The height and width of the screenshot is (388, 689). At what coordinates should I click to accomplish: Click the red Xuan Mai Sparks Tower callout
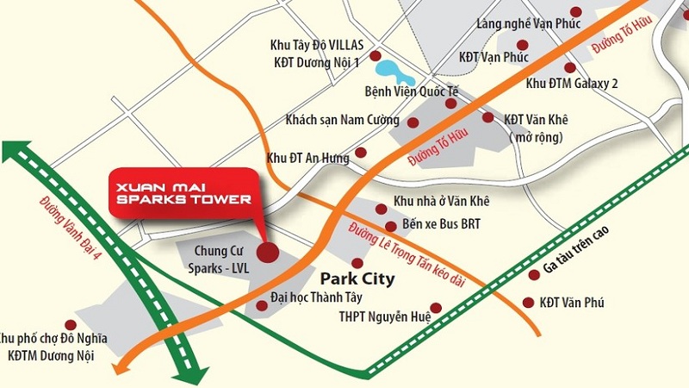184,192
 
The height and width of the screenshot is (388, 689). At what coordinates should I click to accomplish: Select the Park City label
357,279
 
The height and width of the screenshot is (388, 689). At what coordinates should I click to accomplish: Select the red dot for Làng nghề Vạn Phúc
521,44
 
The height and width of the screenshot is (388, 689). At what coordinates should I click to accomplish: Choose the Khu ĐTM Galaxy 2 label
572,83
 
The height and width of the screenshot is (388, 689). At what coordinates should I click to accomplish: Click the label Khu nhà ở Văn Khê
441,201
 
